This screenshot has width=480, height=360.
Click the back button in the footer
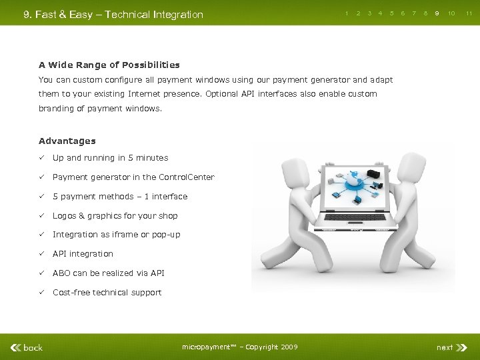(x=27, y=347)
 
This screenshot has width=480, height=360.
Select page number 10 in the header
(x=451, y=13)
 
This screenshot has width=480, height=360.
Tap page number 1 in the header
(x=347, y=13)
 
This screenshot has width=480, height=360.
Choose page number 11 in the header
(x=469, y=13)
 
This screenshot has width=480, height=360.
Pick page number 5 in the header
(x=391, y=13)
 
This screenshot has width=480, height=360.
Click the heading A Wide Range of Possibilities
(x=109, y=65)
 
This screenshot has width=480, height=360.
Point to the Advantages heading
(x=67, y=141)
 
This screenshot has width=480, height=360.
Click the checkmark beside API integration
(x=41, y=253)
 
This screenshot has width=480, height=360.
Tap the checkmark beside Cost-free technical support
(x=41, y=292)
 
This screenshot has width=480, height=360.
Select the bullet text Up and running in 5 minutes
(x=111, y=158)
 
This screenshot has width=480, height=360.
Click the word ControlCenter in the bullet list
(x=187, y=177)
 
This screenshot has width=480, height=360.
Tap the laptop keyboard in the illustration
(x=353, y=217)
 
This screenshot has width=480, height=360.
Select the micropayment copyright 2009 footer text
(x=240, y=347)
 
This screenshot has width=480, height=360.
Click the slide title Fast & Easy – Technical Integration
(x=113, y=14)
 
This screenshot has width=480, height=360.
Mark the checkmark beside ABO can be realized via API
(x=41, y=273)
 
